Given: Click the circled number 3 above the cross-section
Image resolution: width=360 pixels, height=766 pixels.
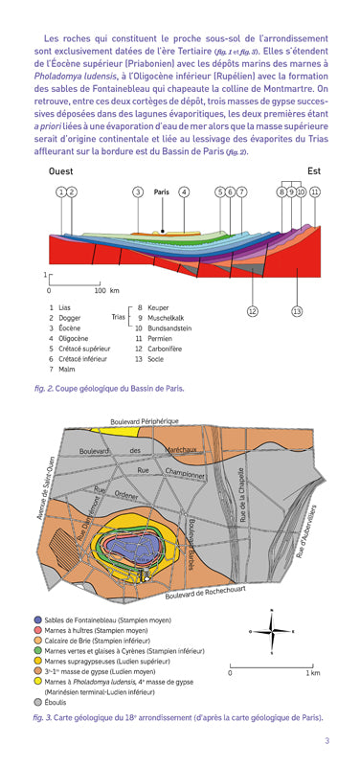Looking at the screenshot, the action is (138, 192).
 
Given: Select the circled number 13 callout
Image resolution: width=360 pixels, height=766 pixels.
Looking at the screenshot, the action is (297, 310).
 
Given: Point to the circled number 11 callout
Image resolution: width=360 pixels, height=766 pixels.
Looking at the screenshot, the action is (314, 192).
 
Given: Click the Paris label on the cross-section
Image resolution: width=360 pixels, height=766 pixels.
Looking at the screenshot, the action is (162, 191).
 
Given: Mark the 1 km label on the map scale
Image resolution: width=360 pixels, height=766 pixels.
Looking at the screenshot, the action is (312, 673).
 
